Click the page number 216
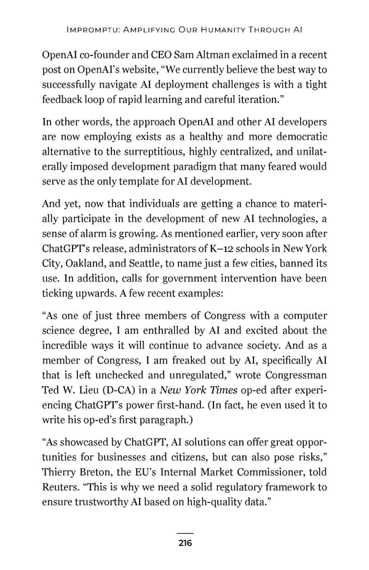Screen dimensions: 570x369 point(184,543)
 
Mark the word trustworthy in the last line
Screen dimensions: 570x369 point(105,504)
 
